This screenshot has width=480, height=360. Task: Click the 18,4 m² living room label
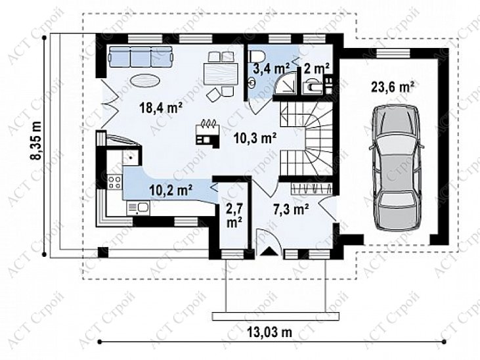pyautogui.click(x=161, y=108)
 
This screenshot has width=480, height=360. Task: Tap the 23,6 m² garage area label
pyautogui.click(x=393, y=87)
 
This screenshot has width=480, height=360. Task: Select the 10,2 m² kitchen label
pyautogui.click(x=171, y=189)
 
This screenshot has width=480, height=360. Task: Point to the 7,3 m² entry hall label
pyautogui.click(x=291, y=210)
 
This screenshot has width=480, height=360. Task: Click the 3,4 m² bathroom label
pyautogui.click(x=271, y=68)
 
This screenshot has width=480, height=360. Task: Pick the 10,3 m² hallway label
pyautogui.click(x=255, y=138)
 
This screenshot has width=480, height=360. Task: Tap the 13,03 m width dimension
pyautogui.click(x=269, y=332)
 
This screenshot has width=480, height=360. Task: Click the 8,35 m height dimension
pyautogui.click(x=36, y=141)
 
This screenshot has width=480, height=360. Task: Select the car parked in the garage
pyautogui.click(x=397, y=168)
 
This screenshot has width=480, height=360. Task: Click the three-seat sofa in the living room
pyautogui.click(x=141, y=56)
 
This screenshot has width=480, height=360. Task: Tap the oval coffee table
pyautogui.click(x=145, y=81)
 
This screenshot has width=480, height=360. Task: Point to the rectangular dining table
pyautogui.click(x=221, y=74)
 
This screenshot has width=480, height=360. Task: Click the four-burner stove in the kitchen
pyautogui.click(x=115, y=181)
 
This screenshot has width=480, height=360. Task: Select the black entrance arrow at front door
pyautogui.click(x=269, y=251)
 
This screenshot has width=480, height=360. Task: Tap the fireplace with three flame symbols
pyautogui.click(x=207, y=133)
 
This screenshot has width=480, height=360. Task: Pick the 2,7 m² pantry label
pyautogui.click(x=234, y=216)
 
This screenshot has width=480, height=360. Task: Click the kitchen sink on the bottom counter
pyautogui.click(x=139, y=208)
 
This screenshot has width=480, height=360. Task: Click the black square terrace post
pyautogui.click(x=103, y=252)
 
